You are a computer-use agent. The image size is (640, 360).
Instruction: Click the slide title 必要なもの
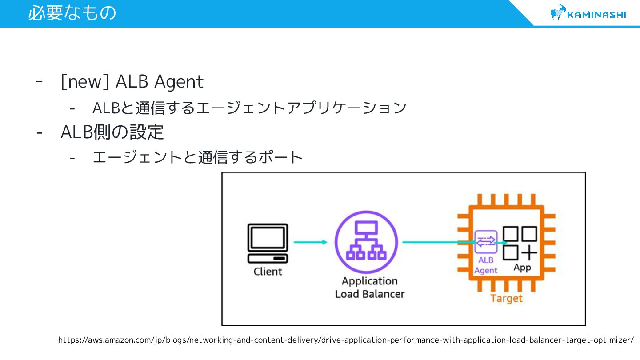point(72,13)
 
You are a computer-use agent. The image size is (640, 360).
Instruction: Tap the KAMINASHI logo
point(588,13)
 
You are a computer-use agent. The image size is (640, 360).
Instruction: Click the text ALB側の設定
point(112,132)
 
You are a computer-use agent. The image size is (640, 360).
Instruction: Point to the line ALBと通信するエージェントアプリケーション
point(249,108)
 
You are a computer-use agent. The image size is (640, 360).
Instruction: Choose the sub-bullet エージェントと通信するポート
point(197,157)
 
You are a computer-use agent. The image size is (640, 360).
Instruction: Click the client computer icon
point(268,243)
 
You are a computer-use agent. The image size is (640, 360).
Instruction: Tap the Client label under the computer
point(268,271)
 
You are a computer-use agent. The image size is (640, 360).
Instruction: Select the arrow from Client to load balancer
point(310,242)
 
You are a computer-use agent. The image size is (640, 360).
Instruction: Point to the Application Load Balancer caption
point(370,288)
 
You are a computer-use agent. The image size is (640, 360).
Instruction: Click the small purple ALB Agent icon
point(486,242)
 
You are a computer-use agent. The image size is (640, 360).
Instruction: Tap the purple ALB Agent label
point(486,265)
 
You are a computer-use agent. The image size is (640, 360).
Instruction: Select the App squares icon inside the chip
point(520,243)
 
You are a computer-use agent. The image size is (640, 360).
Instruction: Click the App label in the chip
point(522,268)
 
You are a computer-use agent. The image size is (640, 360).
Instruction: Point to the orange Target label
point(506,298)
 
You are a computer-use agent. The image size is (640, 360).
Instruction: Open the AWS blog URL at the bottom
point(346,340)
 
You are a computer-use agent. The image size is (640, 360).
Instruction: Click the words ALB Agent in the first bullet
point(159,82)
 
